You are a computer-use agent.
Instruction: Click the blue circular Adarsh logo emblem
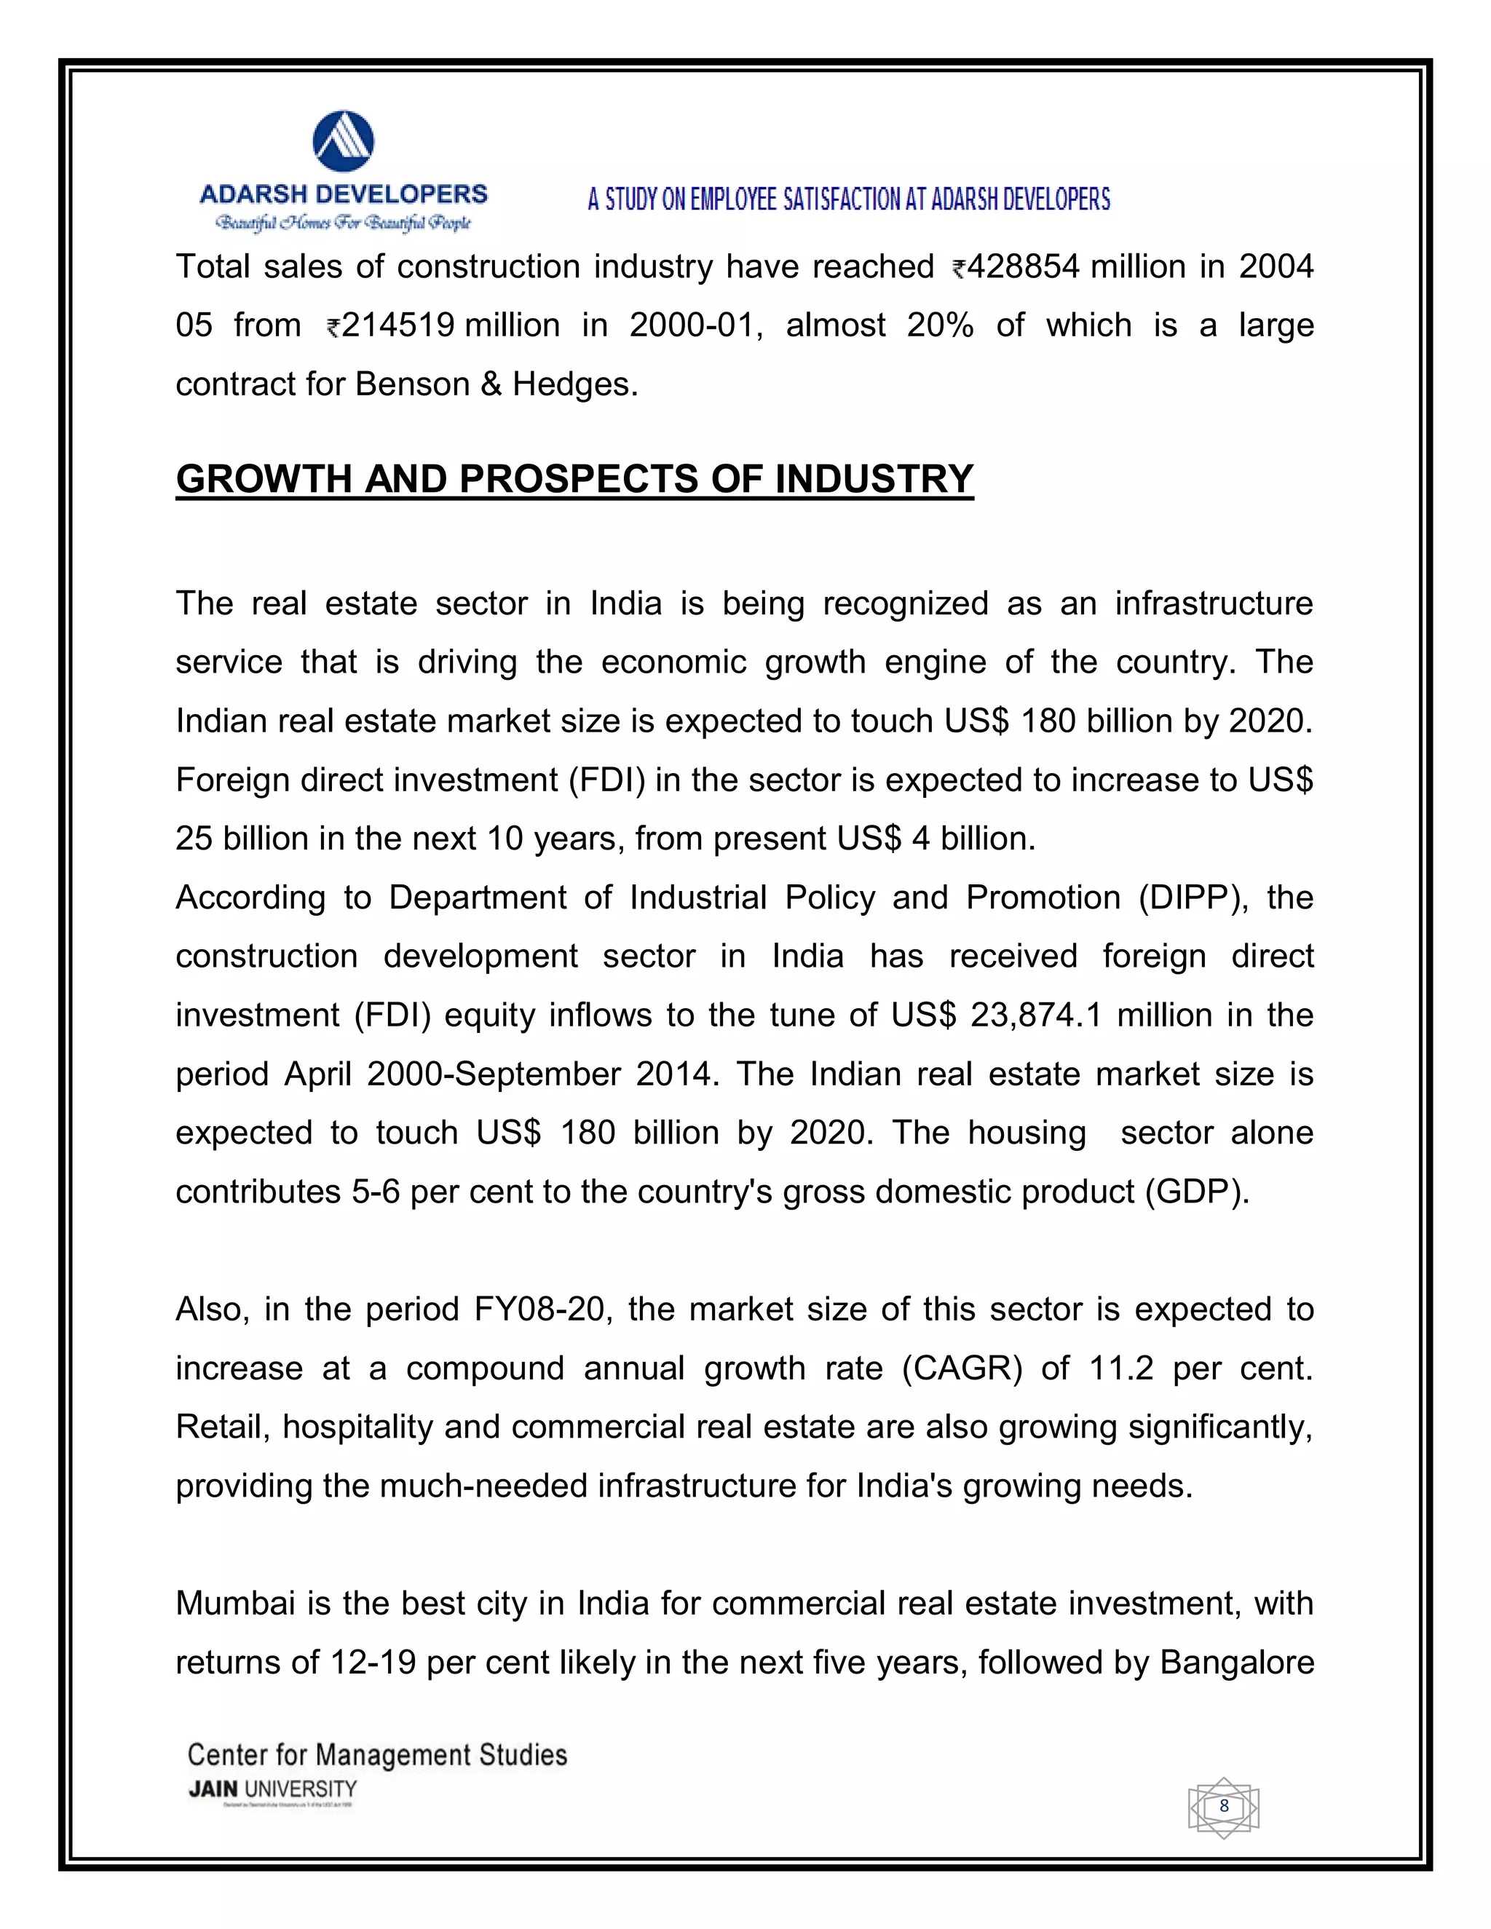coord(344,141)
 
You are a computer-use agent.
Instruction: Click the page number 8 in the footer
coord(1223,1806)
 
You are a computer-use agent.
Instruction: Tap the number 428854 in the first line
coord(1023,266)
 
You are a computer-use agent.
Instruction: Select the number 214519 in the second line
coord(398,326)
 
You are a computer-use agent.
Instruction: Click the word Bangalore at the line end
coord(1237,1663)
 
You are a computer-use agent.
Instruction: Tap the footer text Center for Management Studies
coord(377,1755)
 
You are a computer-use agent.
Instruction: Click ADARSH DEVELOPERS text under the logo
coord(344,194)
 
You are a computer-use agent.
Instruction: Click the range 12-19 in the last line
coord(373,1663)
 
